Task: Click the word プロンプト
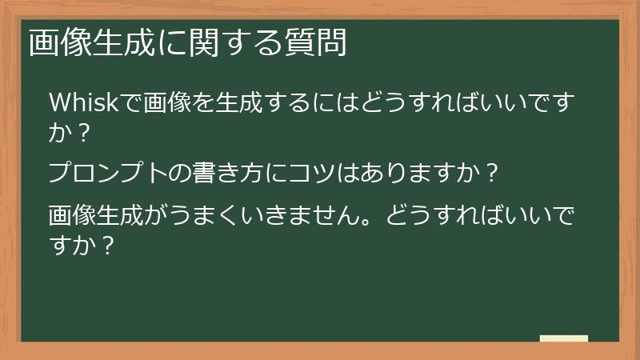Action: tap(100, 173)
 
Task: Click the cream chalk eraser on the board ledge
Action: tap(564, 339)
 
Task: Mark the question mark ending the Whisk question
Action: tap(82, 133)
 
